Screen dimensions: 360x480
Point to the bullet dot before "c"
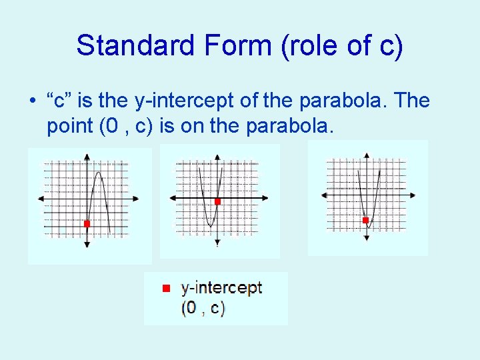[x=31, y=102]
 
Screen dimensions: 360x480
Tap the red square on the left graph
[x=87, y=224]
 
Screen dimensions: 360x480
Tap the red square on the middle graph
[x=217, y=201]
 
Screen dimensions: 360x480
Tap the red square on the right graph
[x=365, y=220]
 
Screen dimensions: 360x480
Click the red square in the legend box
[x=166, y=288]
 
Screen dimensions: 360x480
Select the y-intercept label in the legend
[x=221, y=288]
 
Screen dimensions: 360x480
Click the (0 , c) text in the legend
[x=203, y=308]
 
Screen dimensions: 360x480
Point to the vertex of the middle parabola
[x=209, y=226]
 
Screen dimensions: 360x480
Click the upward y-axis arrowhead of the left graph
[x=87, y=157]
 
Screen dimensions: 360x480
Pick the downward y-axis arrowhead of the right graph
[x=366, y=238]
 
